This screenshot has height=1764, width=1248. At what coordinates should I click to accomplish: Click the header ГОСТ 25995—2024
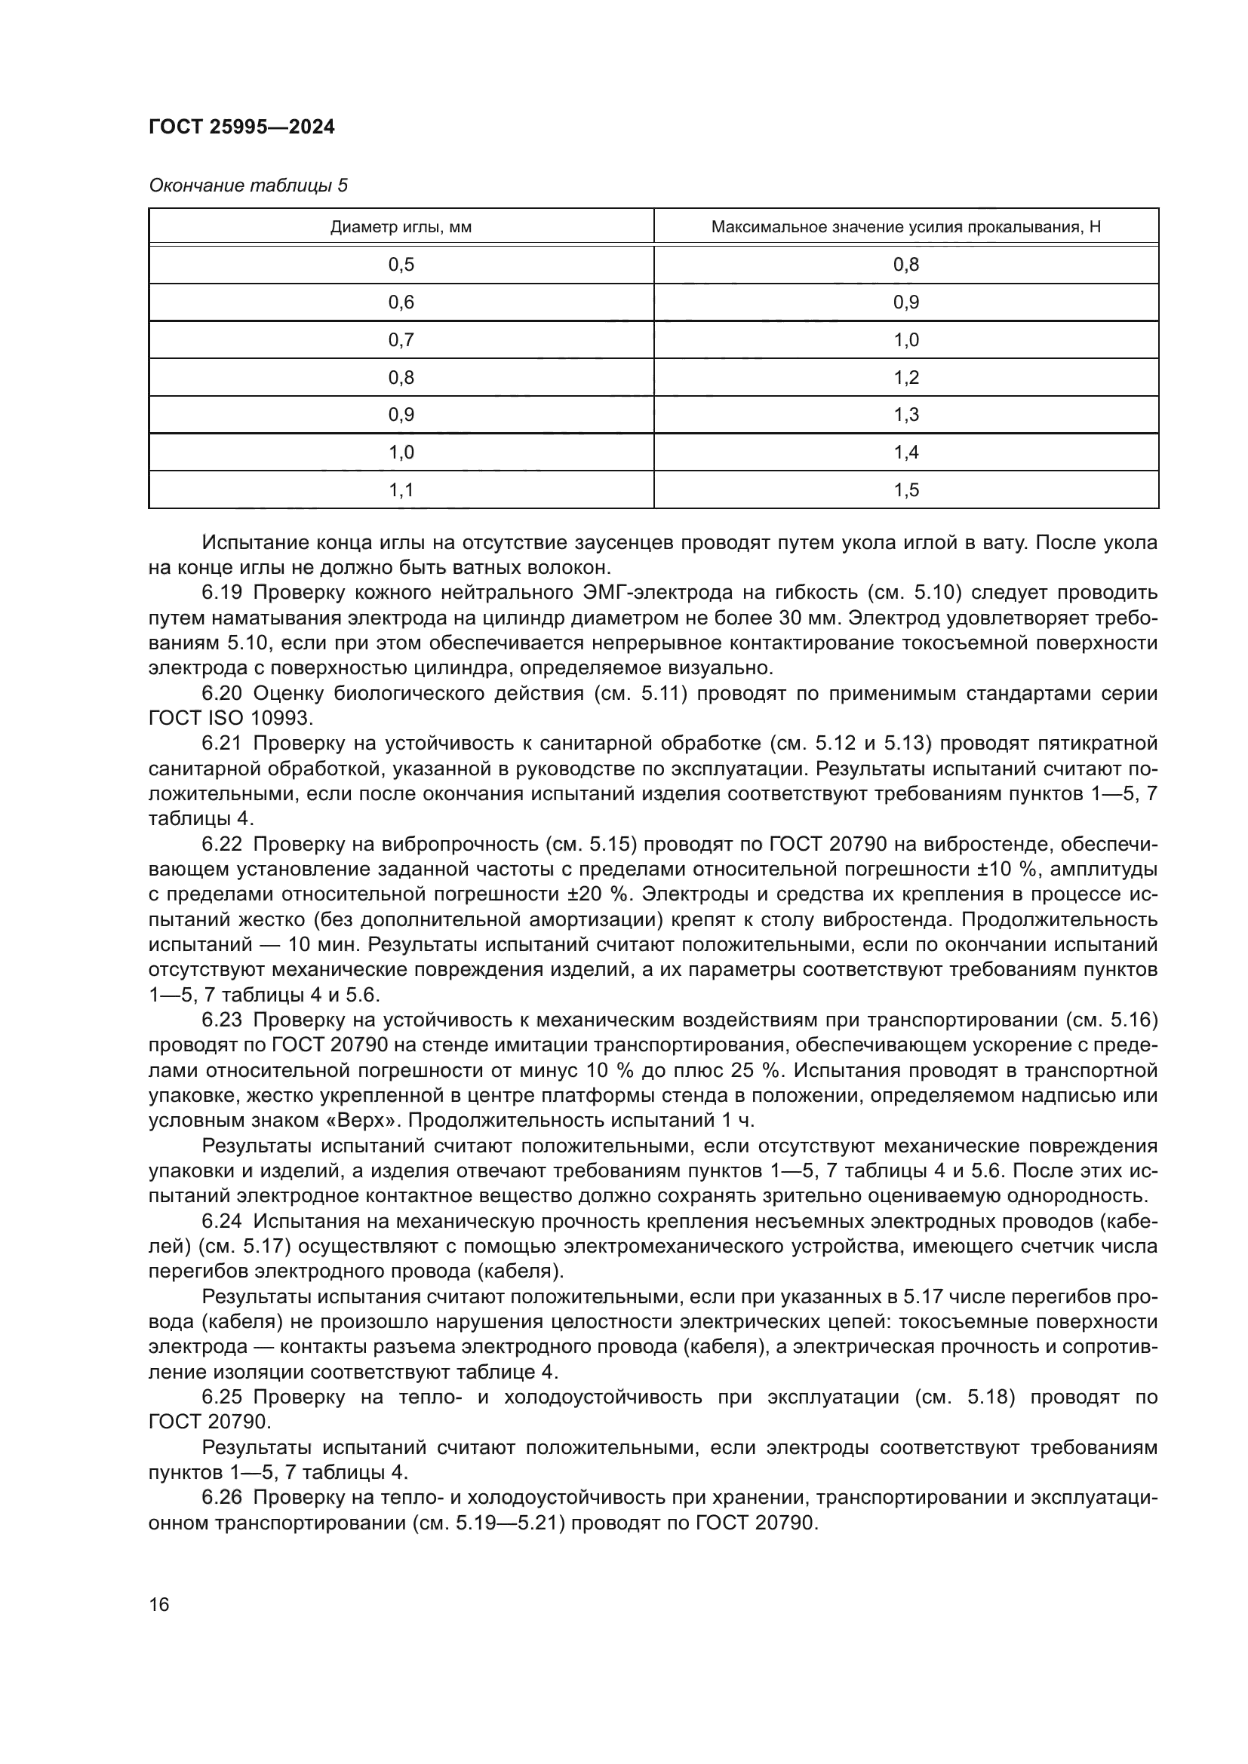click(x=241, y=127)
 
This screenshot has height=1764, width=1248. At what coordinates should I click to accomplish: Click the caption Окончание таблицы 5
click(x=247, y=186)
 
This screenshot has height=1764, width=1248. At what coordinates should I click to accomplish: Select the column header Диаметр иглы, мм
click(x=401, y=228)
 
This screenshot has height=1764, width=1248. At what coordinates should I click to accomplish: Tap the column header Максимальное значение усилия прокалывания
click(x=905, y=228)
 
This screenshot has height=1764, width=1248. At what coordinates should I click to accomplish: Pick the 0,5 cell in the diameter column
click(x=401, y=265)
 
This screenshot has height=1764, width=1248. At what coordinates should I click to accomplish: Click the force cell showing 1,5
click(x=906, y=490)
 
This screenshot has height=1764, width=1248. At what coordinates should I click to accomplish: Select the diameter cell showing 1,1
click(x=401, y=490)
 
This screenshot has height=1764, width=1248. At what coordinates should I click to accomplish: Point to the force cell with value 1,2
click(x=906, y=378)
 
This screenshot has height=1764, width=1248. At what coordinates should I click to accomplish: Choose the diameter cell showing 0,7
click(x=401, y=340)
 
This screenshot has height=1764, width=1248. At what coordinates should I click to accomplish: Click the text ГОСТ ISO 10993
click(x=231, y=719)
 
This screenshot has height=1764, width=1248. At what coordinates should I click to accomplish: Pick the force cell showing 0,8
click(x=906, y=265)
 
